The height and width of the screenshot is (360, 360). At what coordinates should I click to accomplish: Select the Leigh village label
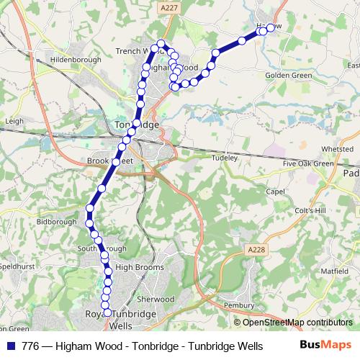(14, 122)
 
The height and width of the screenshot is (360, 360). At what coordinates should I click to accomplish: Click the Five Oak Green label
(309, 163)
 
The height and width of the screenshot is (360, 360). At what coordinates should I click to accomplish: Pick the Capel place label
(276, 192)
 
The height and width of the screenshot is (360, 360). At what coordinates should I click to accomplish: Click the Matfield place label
(333, 271)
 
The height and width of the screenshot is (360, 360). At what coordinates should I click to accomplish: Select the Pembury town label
(239, 305)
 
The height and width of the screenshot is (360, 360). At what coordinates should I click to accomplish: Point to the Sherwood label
(156, 298)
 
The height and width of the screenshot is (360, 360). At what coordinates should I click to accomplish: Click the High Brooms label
(136, 266)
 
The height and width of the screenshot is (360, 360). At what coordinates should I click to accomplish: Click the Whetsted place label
(337, 149)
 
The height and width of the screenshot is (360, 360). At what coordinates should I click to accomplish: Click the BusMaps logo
(326, 346)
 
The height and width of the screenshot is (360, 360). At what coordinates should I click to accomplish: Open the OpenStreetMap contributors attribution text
(298, 323)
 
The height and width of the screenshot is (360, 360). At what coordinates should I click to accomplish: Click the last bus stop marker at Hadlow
(271, 28)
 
